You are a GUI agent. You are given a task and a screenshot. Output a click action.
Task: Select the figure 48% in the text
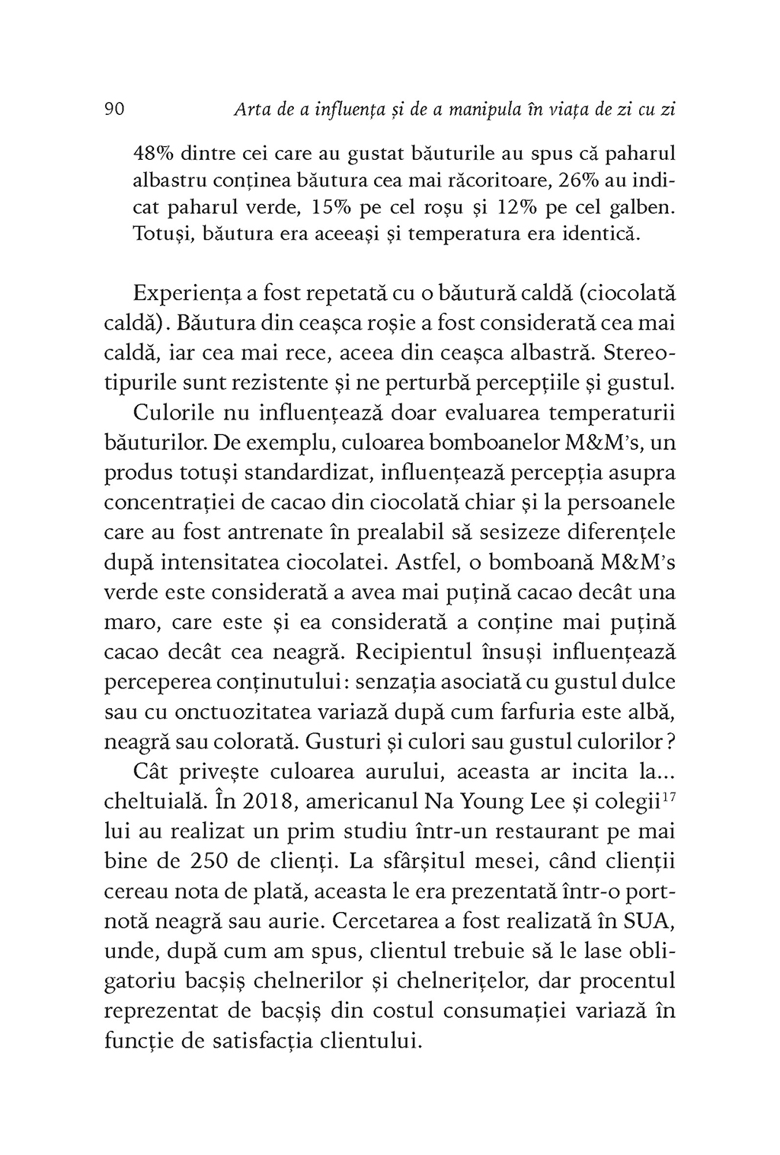click(155, 154)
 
